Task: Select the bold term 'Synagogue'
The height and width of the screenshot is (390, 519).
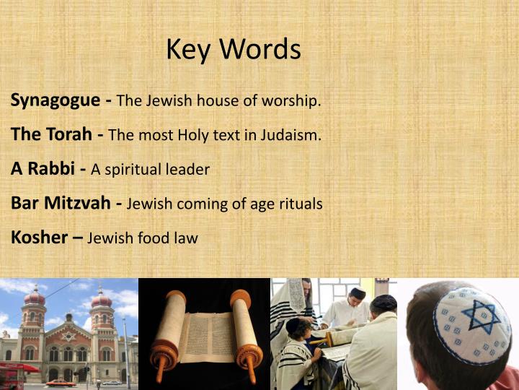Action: (55, 100)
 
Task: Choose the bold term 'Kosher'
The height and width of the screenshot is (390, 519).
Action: (39, 237)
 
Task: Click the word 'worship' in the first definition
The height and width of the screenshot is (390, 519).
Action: (292, 101)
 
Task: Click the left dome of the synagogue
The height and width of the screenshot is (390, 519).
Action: (34, 297)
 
